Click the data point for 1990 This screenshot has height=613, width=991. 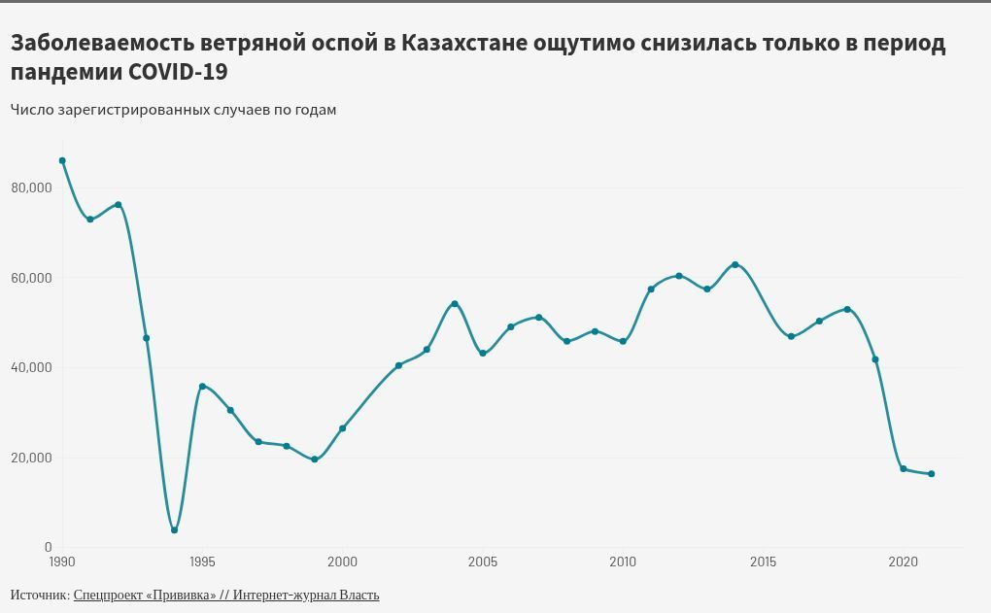(62, 160)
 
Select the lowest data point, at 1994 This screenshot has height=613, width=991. (174, 530)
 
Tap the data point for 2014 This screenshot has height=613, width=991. (735, 264)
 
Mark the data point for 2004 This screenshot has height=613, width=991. (454, 304)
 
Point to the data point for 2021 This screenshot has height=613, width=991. (931, 474)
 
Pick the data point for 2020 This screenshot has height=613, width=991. (904, 469)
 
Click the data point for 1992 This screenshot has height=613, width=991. (118, 205)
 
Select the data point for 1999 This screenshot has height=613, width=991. (314, 460)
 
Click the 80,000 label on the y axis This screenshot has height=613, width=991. (31, 187)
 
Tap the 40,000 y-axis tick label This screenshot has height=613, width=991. (31, 368)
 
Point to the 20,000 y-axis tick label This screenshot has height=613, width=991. (31, 458)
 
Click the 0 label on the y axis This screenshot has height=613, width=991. (48, 548)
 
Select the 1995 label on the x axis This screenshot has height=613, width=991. (202, 562)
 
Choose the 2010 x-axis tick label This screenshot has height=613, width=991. (623, 562)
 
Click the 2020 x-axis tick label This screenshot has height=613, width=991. (904, 562)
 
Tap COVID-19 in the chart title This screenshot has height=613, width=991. (184, 72)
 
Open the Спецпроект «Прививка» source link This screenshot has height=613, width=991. (145, 595)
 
